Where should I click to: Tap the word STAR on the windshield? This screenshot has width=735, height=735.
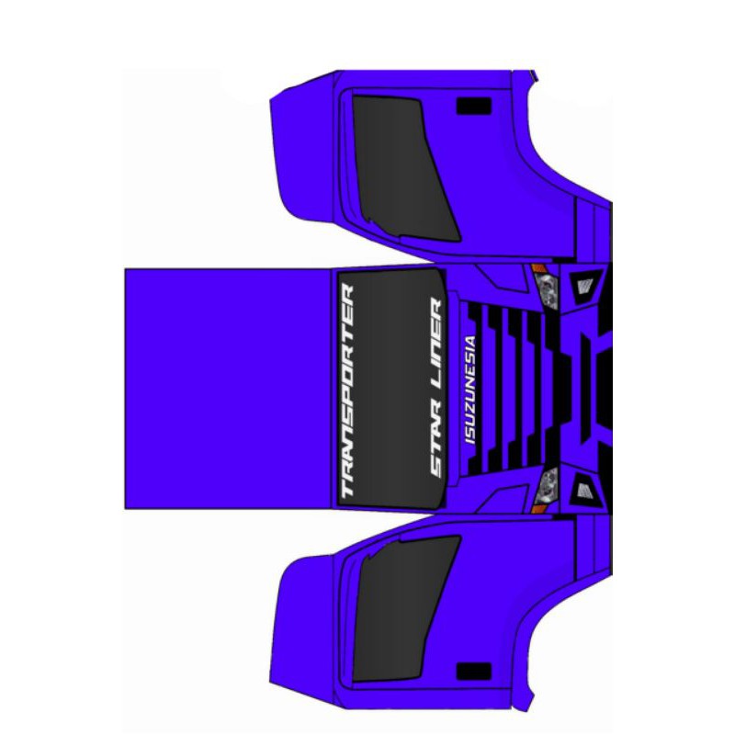point(435,442)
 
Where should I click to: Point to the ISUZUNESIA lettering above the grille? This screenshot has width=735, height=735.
point(469,390)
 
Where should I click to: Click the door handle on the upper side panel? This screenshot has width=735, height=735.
point(474,107)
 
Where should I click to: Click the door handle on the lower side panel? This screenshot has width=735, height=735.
point(474,672)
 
